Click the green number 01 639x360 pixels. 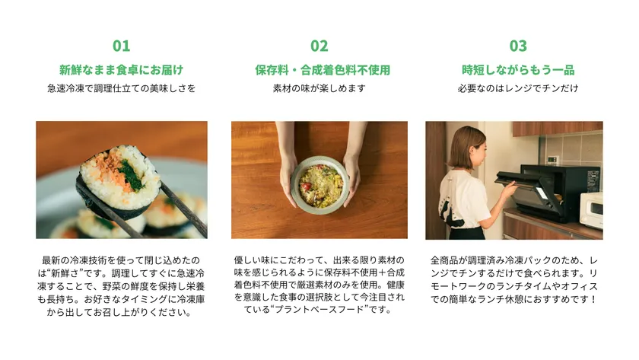(122, 46)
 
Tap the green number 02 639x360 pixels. (319, 46)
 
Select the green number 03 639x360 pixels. (518, 46)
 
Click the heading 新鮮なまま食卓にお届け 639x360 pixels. (122, 70)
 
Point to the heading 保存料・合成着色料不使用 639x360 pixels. (323, 70)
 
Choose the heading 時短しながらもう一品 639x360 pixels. (518, 70)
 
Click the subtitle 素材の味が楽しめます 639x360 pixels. (319, 88)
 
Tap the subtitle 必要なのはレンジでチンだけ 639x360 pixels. (518, 88)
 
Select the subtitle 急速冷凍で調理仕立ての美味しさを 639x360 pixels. (122, 88)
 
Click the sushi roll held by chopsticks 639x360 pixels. (118, 180)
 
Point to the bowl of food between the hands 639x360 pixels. (319, 185)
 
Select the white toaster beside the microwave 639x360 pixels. (591, 210)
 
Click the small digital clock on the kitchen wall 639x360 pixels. (552, 159)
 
